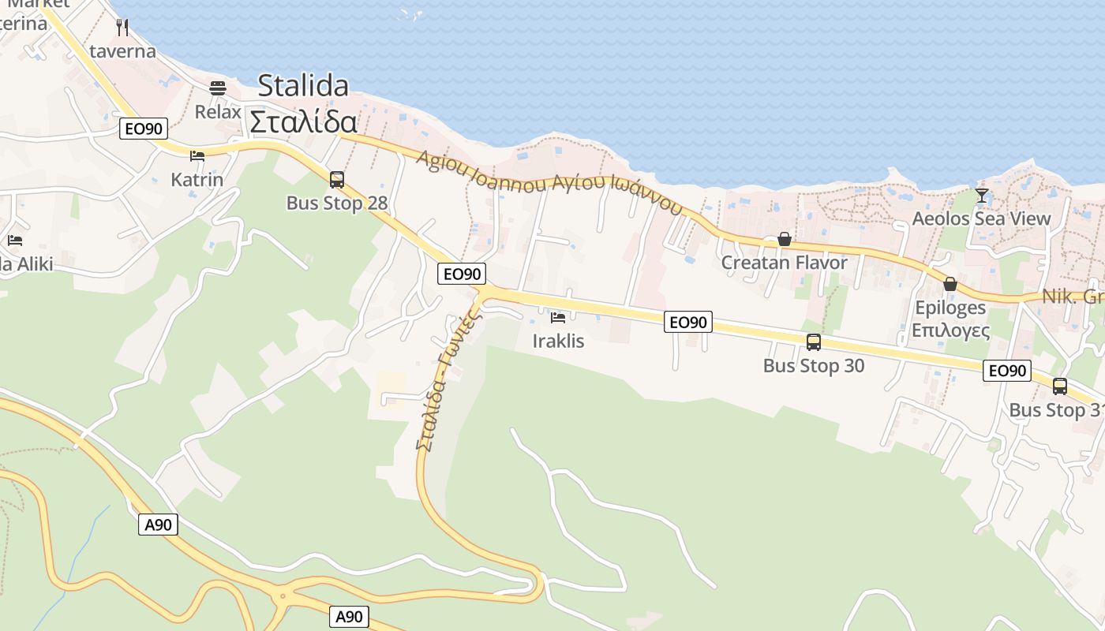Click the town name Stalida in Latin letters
click(x=303, y=85)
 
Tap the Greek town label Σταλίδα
click(x=303, y=122)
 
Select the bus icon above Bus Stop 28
click(x=337, y=180)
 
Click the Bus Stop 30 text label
click(x=814, y=366)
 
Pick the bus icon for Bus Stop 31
click(x=1060, y=386)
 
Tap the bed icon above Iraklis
click(x=558, y=318)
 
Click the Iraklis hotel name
click(x=558, y=341)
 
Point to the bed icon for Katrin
click(x=197, y=156)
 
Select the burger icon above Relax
click(x=218, y=88)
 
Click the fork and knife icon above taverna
click(x=122, y=28)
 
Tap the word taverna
click(x=122, y=52)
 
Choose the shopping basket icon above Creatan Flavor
click(x=784, y=239)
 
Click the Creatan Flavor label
click(x=784, y=263)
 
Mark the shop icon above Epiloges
click(x=950, y=284)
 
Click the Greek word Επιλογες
click(x=950, y=330)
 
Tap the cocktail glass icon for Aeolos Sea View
click(x=981, y=195)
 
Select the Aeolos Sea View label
click(x=981, y=218)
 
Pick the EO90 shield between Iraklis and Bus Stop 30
click(x=687, y=322)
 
